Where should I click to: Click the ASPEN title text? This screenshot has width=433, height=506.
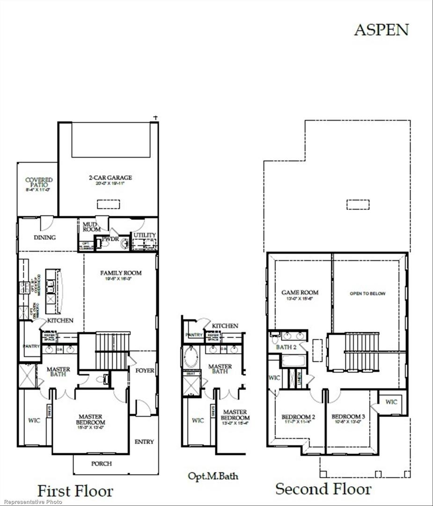[381, 30]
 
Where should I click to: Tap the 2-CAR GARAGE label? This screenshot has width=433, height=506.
[110, 178]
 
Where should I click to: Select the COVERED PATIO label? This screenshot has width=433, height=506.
[39, 182]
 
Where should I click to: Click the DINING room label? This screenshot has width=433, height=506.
[44, 238]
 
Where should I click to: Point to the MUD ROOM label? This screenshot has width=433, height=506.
[92, 227]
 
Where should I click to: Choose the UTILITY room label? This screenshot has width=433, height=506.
[145, 235]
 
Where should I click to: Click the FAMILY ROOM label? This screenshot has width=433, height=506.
[121, 273]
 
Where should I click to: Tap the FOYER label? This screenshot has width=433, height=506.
[145, 370]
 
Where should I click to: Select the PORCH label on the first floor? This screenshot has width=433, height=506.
[101, 464]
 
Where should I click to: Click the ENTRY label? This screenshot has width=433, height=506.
[144, 442]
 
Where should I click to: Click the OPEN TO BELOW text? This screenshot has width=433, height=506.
[367, 294]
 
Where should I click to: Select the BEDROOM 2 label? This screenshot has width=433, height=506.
[298, 417]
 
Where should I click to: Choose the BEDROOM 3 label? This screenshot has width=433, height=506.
[348, 417]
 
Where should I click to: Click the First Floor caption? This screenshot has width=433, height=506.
[75, 491]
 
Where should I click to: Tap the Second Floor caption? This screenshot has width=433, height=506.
[323, 489]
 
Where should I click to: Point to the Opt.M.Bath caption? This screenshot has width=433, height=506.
[213, 476]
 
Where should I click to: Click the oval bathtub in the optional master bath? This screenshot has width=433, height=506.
[191, 357]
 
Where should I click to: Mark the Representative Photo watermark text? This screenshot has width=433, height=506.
[31, 502]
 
